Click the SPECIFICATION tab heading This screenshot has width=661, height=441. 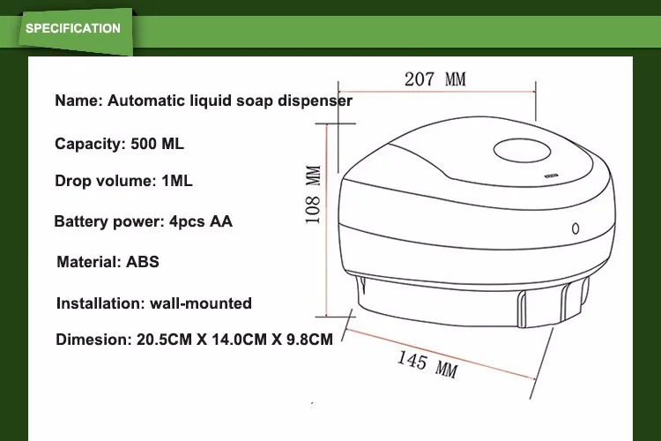click(73, 28)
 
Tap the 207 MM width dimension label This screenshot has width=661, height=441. click(434, 78)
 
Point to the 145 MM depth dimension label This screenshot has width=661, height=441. click(427, 363)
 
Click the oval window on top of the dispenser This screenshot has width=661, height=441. click(521, 151)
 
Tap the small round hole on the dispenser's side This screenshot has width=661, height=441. click(576, 226)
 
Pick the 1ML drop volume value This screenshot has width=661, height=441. click(176, 181)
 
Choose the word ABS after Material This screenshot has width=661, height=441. click(142, 262)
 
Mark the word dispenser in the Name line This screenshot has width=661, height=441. click(315, 101)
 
